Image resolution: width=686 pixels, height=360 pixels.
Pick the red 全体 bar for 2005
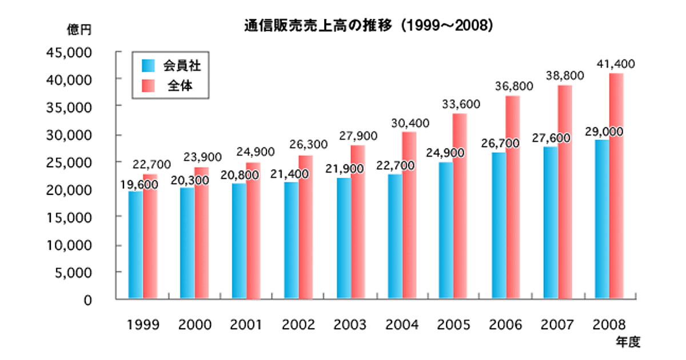coord(460,206)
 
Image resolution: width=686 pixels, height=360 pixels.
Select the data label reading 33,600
coord(460,104)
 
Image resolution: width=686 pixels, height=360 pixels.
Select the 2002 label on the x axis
coord(298,325)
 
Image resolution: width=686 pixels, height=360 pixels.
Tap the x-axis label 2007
coord(557,325)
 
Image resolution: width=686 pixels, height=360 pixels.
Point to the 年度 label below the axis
coord(628,343)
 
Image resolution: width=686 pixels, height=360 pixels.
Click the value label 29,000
coord(603,131)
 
